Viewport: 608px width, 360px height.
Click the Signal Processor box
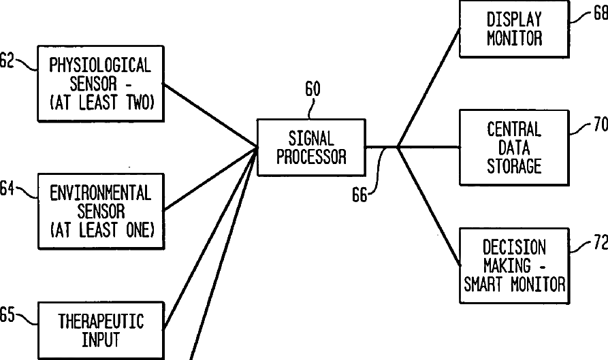click(x=310, y=147)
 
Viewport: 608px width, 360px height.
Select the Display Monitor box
click(x=514, y=29)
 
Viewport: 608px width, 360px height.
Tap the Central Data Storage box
click(x=514, y=147)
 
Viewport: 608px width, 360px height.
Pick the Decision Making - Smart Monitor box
click(x=514, y=265)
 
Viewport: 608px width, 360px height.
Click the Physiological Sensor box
click(x=100, y=84)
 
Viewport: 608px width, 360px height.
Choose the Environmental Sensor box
click(x=100, y=211)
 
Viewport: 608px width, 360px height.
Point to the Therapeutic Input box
click(x=100, y=329)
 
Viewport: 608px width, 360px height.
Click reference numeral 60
click(x=313, y=89)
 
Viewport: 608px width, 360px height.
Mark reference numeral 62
click(x=7, y=61)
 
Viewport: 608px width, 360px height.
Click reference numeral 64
click(x=7, y=189)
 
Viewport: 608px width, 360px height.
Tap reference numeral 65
click(x=7, y=314)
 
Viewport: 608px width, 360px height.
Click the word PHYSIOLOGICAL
click(x=100, y=66)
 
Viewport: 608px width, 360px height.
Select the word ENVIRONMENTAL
click(x=100, y=193)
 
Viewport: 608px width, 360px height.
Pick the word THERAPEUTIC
click(x=101, y=321)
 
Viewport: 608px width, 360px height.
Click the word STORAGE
click(x=514, y=165)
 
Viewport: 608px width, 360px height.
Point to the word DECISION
click(x=514, y=246)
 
